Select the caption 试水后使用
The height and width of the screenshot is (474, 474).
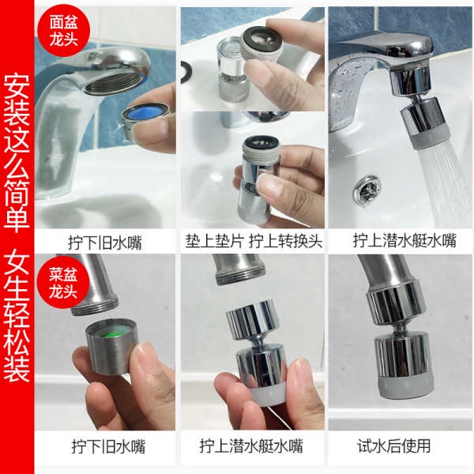tap(402, 446)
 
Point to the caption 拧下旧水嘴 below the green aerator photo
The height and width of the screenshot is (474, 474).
tap(106, 446)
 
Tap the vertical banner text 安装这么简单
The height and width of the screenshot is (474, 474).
tap(17, 150)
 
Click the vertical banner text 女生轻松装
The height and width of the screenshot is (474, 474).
tap(17, 316)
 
